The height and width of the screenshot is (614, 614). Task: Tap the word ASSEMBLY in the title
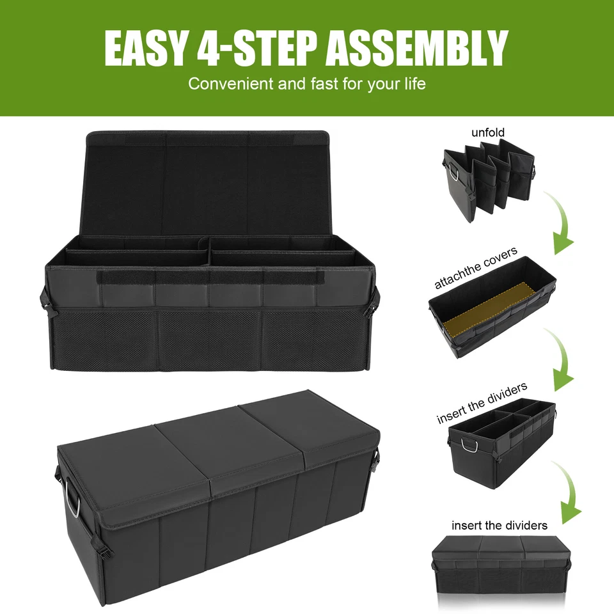point(417,48)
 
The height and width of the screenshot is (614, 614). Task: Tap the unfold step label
point(488,132)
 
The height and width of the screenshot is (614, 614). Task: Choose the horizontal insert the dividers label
point(500,525)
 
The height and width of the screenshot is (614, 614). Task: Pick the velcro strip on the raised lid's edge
point(307,137)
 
